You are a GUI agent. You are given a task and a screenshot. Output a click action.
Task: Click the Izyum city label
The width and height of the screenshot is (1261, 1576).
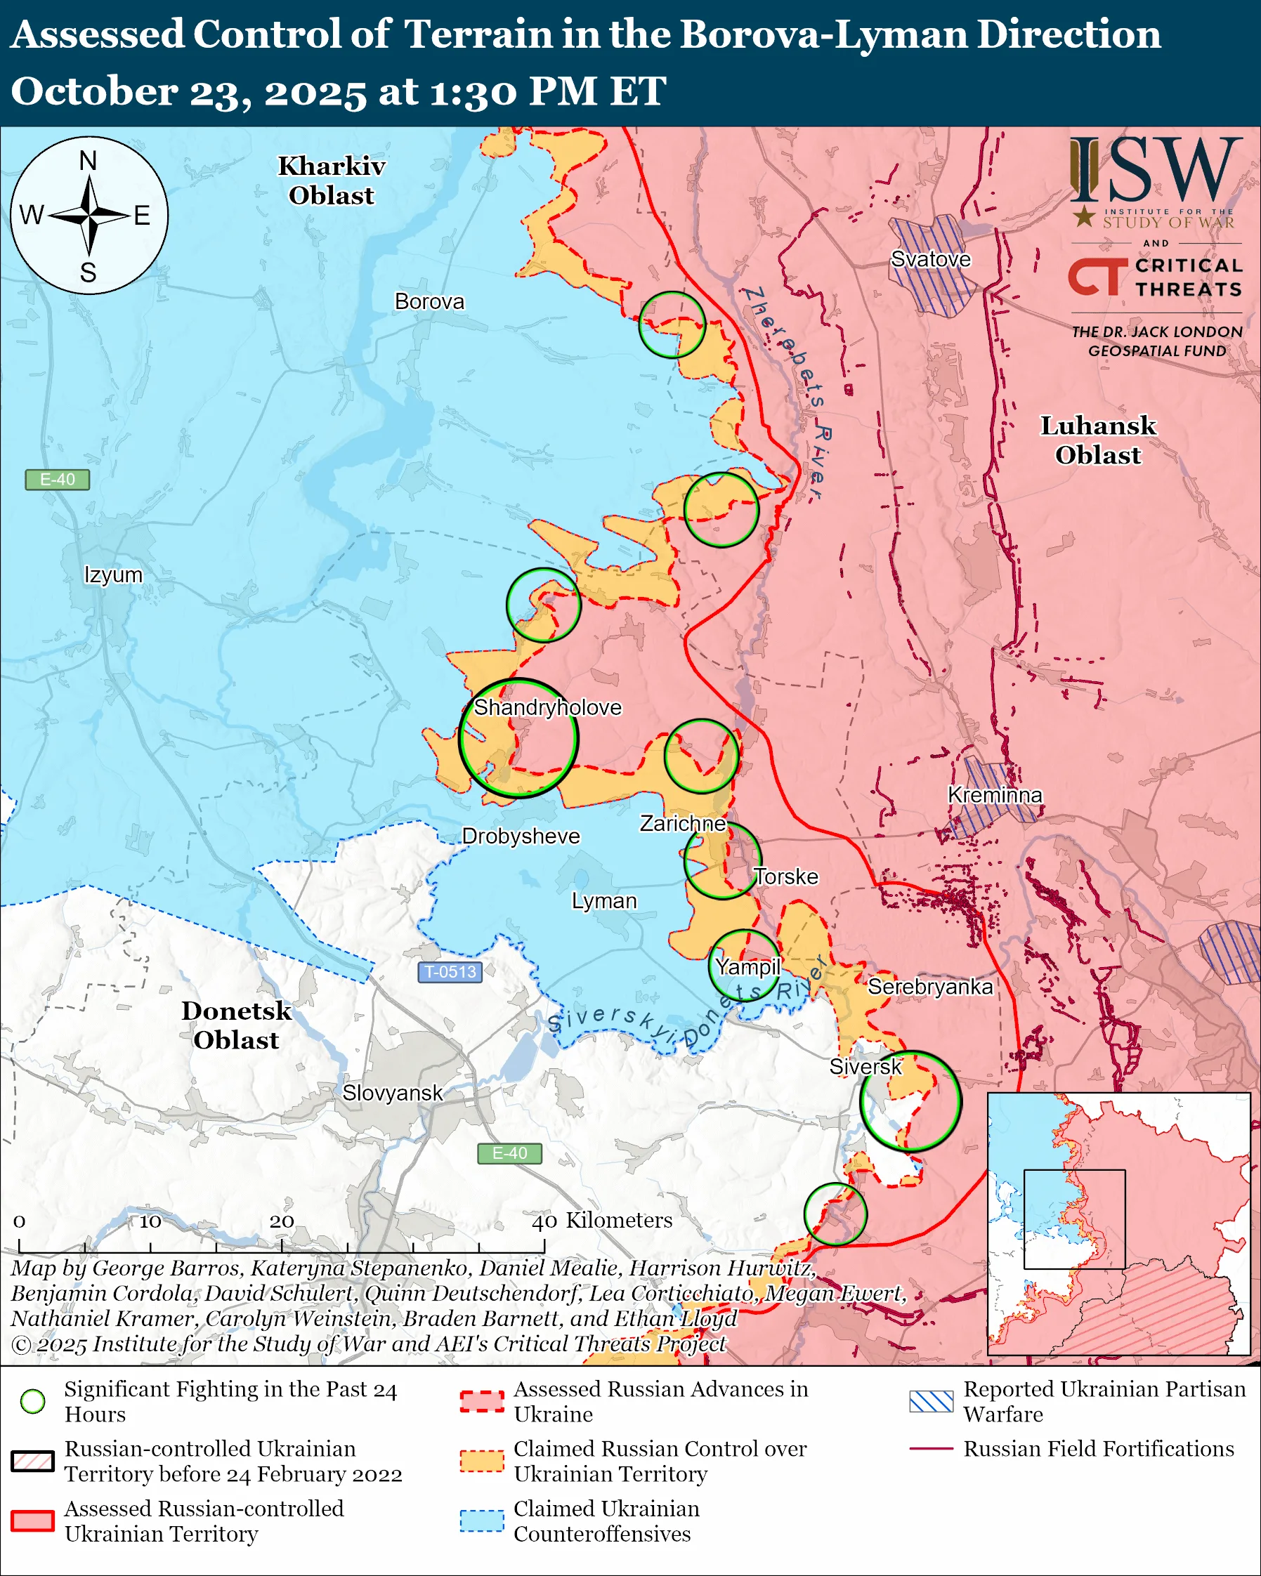point(113,574)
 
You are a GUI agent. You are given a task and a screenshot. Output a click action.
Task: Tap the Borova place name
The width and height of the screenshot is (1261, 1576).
point(429,301)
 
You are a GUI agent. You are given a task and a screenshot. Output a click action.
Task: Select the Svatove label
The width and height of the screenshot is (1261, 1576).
point(931,258)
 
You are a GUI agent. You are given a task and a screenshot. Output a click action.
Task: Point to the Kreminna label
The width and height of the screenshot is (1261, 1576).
point(995,794)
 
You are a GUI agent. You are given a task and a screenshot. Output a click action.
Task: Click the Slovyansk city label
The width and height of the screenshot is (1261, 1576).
point(393,1093)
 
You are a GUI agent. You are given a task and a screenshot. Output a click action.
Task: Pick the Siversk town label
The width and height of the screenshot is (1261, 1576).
point(865,1067)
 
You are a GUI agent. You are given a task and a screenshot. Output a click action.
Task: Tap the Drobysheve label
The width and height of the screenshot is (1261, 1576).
point(521,836)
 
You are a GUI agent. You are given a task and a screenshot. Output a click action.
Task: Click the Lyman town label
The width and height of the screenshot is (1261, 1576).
point(604,900)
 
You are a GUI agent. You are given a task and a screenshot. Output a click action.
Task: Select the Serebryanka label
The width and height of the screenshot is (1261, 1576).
point(930,987)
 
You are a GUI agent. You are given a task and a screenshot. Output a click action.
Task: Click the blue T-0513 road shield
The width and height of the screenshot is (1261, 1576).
point(450,972)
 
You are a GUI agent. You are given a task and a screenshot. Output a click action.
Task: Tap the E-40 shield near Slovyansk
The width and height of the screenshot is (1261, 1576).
point(509,1153)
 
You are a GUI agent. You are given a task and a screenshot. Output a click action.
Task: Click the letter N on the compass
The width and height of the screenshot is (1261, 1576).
point(88,161)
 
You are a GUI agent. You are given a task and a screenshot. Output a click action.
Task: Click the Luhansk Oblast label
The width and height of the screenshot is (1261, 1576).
point(1098,440)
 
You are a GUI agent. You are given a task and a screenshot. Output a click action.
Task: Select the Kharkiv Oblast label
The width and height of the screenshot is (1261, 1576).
point(331,180)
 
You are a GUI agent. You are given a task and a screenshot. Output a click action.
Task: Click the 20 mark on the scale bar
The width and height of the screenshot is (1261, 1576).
point(282,1221)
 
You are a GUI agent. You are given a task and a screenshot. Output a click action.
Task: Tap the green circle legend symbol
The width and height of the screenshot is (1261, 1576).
point(33,1401)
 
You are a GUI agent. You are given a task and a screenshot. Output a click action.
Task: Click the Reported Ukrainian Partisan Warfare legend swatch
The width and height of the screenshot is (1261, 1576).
point(931,1401)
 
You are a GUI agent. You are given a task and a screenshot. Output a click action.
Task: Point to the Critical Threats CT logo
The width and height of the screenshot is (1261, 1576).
point(1097,276)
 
